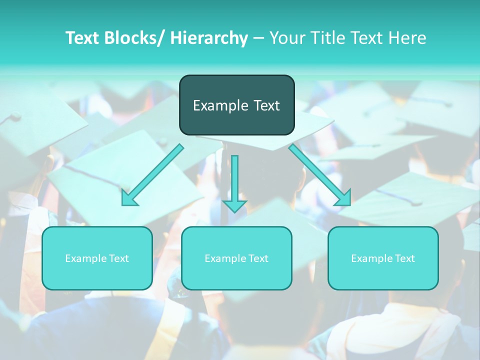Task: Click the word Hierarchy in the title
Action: pyautogui.click(x=209, y=38)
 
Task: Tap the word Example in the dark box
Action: pyautogui.click(x=220, y=105)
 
